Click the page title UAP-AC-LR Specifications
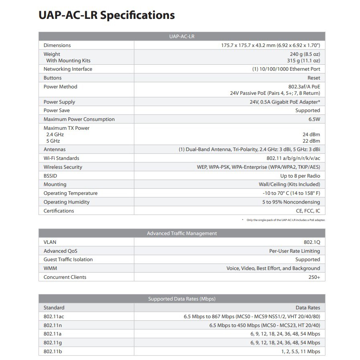[106, 15]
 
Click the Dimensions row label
[57, 45]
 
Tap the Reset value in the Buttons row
[314, 78]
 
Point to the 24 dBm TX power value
[311, 135]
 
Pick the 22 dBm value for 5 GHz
[311, 141]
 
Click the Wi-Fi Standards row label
[61, 158]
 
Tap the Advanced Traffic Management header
[182, 233]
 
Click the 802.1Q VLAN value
[312, 242]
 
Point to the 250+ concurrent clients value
[314, 277]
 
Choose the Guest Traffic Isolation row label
[68, 260]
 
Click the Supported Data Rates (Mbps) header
[182, 299]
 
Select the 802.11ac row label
[54, 317]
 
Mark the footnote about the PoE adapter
[286, 220]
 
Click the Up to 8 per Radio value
[300, 176]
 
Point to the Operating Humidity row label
[66, 202]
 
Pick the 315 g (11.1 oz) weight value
[303, 61]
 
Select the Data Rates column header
[308, 308]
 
